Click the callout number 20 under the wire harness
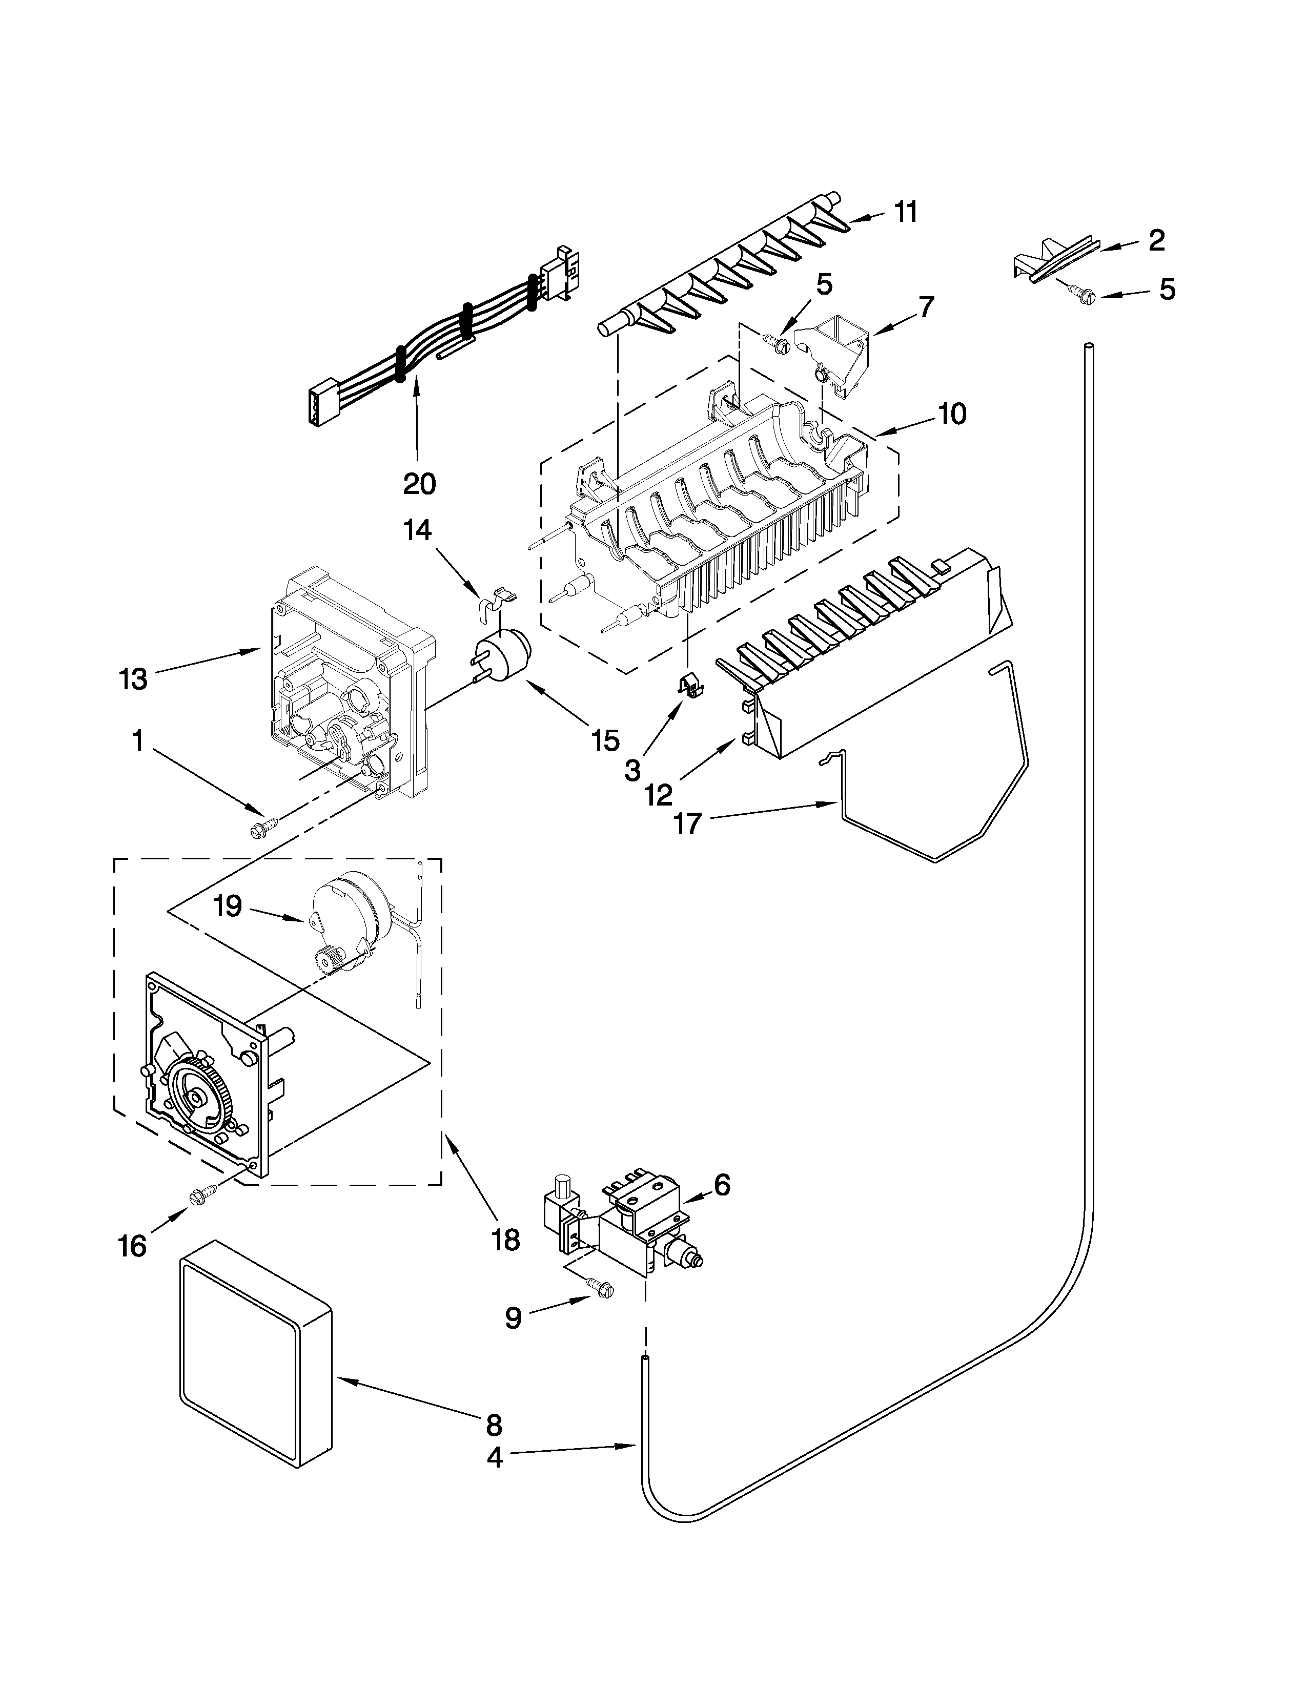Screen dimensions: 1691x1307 419,484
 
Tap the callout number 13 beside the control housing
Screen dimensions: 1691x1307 133,679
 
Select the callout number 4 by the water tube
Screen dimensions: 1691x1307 494,1458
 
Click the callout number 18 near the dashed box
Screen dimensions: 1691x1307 505,1240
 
